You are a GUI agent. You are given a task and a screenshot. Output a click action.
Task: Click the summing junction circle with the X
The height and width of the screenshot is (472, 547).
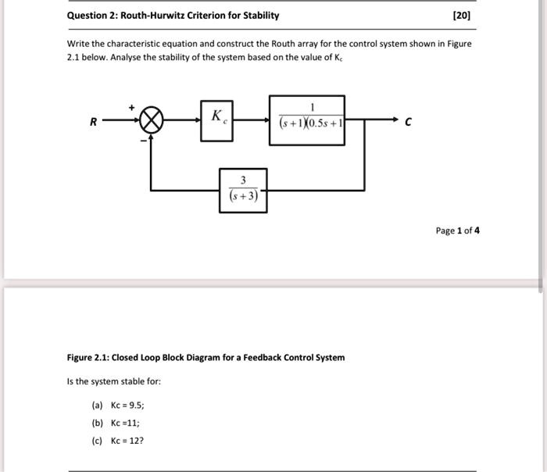(x=152, y=120)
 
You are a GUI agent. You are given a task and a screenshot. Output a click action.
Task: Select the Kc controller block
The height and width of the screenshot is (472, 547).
(x=216, y=120)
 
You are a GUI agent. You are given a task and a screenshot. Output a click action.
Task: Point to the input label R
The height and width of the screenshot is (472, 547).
(x=93, y=122)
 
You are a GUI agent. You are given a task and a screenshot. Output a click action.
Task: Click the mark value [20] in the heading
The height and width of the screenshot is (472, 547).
(x=462, y=16)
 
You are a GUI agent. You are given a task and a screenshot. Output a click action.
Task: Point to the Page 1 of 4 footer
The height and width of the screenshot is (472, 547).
(x=457, y=231)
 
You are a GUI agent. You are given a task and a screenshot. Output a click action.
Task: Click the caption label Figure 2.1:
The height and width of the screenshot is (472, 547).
(x=88, y=358)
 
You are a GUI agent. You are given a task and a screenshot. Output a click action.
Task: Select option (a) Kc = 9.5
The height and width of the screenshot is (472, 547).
(x=118, y=406)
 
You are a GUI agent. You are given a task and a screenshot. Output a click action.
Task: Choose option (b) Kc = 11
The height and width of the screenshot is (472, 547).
(x=116, y=423)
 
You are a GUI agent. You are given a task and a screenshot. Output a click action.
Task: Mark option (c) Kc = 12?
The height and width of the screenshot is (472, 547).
(x=118, y=440)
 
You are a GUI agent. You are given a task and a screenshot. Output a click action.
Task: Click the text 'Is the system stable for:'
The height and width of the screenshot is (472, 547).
(x=114, y=382)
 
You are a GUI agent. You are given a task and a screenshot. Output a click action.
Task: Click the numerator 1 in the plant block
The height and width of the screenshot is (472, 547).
(x=312, y=107)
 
